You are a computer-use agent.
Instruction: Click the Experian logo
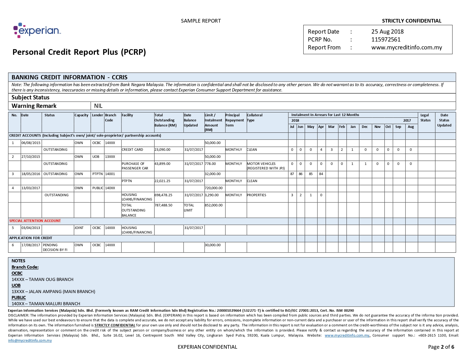(37, 30)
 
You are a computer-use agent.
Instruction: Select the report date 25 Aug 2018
(387, 32)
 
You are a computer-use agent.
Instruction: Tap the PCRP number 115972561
(386, 40)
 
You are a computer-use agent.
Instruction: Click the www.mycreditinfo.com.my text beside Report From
(406, 47)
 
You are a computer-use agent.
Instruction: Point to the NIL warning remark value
(98, 106)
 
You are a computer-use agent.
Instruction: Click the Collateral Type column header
(254, 118)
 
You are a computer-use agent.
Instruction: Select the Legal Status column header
(425, 118)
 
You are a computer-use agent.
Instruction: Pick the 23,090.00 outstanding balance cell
(162, 150)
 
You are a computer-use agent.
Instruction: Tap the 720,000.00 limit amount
(214, 188)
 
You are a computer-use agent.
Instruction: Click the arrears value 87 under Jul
(292, 174)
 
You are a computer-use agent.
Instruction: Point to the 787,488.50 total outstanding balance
(163, 205)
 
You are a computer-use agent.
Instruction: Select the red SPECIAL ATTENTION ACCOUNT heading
(35, 221)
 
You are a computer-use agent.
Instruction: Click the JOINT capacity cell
(79, 228)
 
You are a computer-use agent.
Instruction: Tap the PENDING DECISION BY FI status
(55, 247)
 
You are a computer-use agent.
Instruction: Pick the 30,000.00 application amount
(213, 245)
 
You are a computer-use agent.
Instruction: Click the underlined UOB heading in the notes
(16, 285)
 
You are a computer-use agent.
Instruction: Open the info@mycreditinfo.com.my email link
(30, 341)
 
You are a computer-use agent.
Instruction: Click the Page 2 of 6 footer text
(441, 347)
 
